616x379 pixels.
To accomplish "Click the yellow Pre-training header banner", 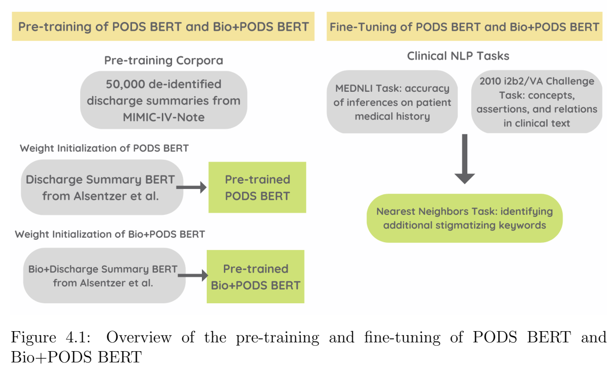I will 163,26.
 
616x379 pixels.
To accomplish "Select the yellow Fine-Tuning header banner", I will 464,26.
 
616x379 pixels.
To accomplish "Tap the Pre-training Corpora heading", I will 163,61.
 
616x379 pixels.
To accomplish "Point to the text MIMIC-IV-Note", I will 163,117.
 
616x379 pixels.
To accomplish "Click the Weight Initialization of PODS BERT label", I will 104,148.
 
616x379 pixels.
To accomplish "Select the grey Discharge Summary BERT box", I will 100,188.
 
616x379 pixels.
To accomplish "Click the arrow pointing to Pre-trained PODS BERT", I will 192,187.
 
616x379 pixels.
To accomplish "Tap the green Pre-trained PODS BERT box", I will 257,188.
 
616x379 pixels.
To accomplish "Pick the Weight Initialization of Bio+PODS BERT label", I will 110,234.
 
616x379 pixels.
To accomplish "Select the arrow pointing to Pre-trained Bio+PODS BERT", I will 193,276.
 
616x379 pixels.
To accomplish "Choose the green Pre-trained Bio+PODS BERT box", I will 255,276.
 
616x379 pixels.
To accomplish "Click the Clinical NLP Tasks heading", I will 458,56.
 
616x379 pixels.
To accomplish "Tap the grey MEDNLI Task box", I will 392,102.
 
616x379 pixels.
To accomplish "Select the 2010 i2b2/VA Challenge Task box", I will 537,102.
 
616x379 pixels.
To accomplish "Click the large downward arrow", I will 464,159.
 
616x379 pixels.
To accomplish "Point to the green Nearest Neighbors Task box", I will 464,218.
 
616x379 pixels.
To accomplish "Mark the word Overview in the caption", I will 139,337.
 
